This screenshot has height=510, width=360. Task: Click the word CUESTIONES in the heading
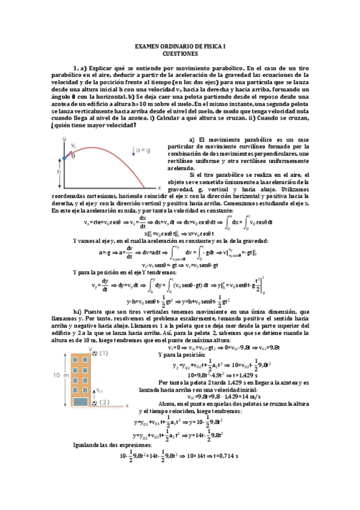pos(180,52)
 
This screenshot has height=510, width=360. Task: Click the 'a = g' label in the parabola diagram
pos(142,150)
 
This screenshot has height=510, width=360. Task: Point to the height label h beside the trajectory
pos(58,170)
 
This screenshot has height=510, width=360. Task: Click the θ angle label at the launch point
pos(73,155)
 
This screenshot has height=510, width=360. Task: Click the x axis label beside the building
pos(127,406)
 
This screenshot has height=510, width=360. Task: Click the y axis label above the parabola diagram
pos(63,138)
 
